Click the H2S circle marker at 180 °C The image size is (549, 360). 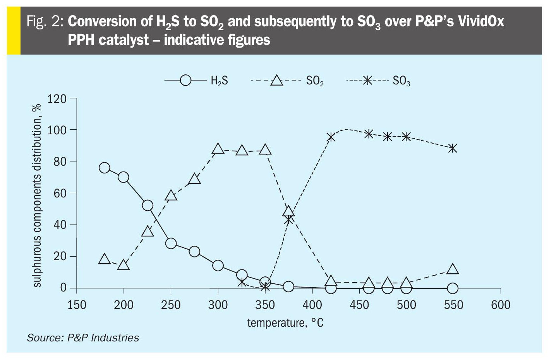[x=105, y=168]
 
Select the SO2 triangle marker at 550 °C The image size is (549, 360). [x=453, y=269]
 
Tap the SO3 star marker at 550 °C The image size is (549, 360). [x=453, y=148]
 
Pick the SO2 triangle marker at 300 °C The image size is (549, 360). [x=218, y=149]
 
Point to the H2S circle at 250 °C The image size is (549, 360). [x=171, y=243]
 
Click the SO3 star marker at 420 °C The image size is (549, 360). [x=331, y=137]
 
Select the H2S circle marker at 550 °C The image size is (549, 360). [x=453, y=288]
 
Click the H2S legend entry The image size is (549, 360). [x=197, y=81]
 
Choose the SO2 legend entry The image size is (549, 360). [x=287, y=81]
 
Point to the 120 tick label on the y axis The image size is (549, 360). [x=57, y=99]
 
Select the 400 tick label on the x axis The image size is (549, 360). [x=312, y=305]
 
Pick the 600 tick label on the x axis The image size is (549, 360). [x=501, y=305]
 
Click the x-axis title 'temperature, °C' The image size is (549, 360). [x=285, y=322]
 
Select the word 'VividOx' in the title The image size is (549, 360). [x=481, y=21]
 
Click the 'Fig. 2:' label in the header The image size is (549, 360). [x=45, y=21]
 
